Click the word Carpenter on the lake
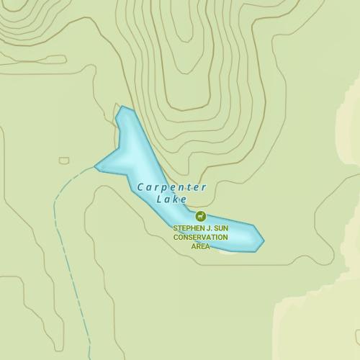pos(172,187)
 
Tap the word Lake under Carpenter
pos(171,199)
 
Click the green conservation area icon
pos(200,216)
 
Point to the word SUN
pos(220,228)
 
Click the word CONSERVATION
pos(200,237)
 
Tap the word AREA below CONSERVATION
pos(200,246)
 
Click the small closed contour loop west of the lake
pos(64,160)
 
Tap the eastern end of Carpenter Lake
pos(263,240)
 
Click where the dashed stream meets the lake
pos(96,166)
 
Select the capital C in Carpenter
pos(141,187)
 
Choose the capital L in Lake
pos(159,199)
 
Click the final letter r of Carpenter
pos(204,187)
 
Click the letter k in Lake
pos(176,199)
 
